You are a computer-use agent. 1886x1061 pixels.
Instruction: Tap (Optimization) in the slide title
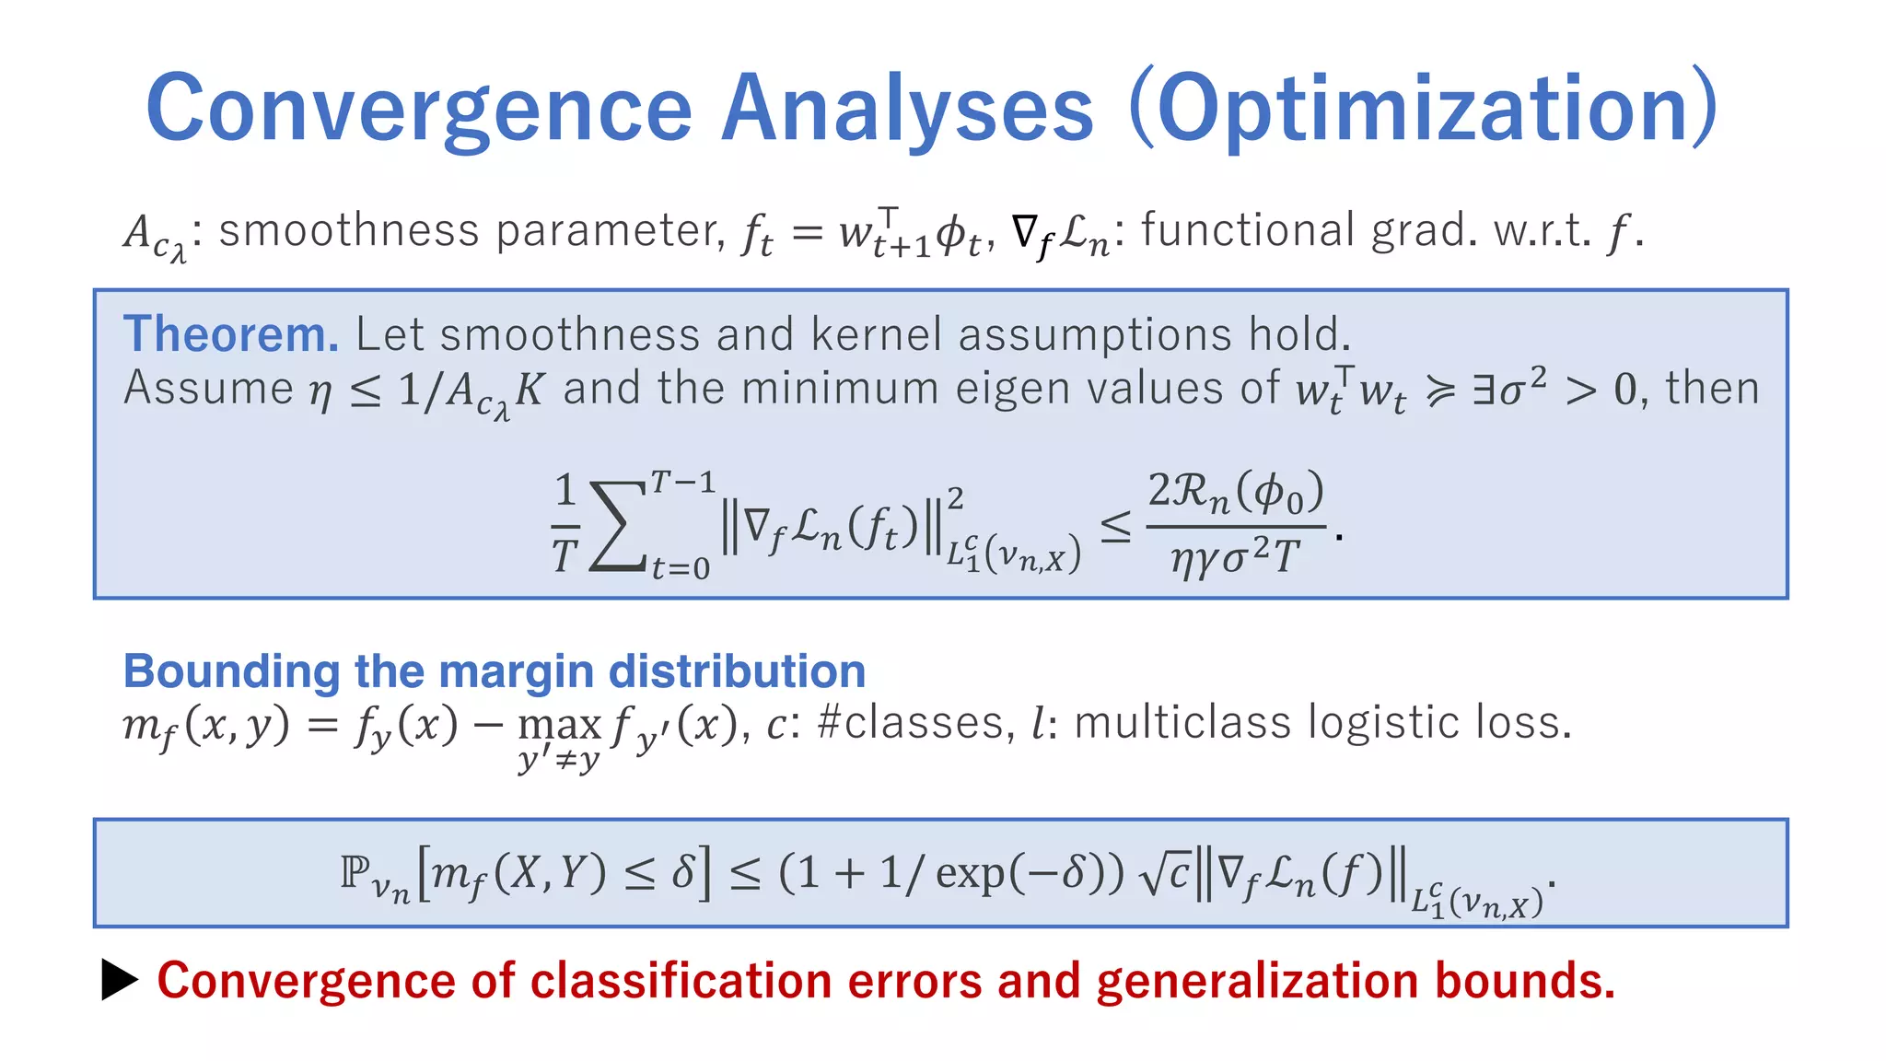click(1424, 109)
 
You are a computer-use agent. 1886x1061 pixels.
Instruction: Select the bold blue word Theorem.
click(231, 334)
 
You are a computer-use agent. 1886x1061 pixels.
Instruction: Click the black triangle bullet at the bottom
click(119, 980)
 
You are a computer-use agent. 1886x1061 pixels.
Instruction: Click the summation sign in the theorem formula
click(616, 527)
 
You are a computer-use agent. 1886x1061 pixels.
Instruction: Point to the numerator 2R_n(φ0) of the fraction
click(1235, 492)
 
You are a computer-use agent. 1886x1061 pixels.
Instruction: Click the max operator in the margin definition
click(559, 725)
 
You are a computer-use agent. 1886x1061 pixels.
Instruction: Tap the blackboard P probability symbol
click(355, 871)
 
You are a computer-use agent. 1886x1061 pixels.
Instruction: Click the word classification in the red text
click(681, 981)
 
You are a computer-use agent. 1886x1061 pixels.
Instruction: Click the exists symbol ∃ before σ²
click(1482, 390)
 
